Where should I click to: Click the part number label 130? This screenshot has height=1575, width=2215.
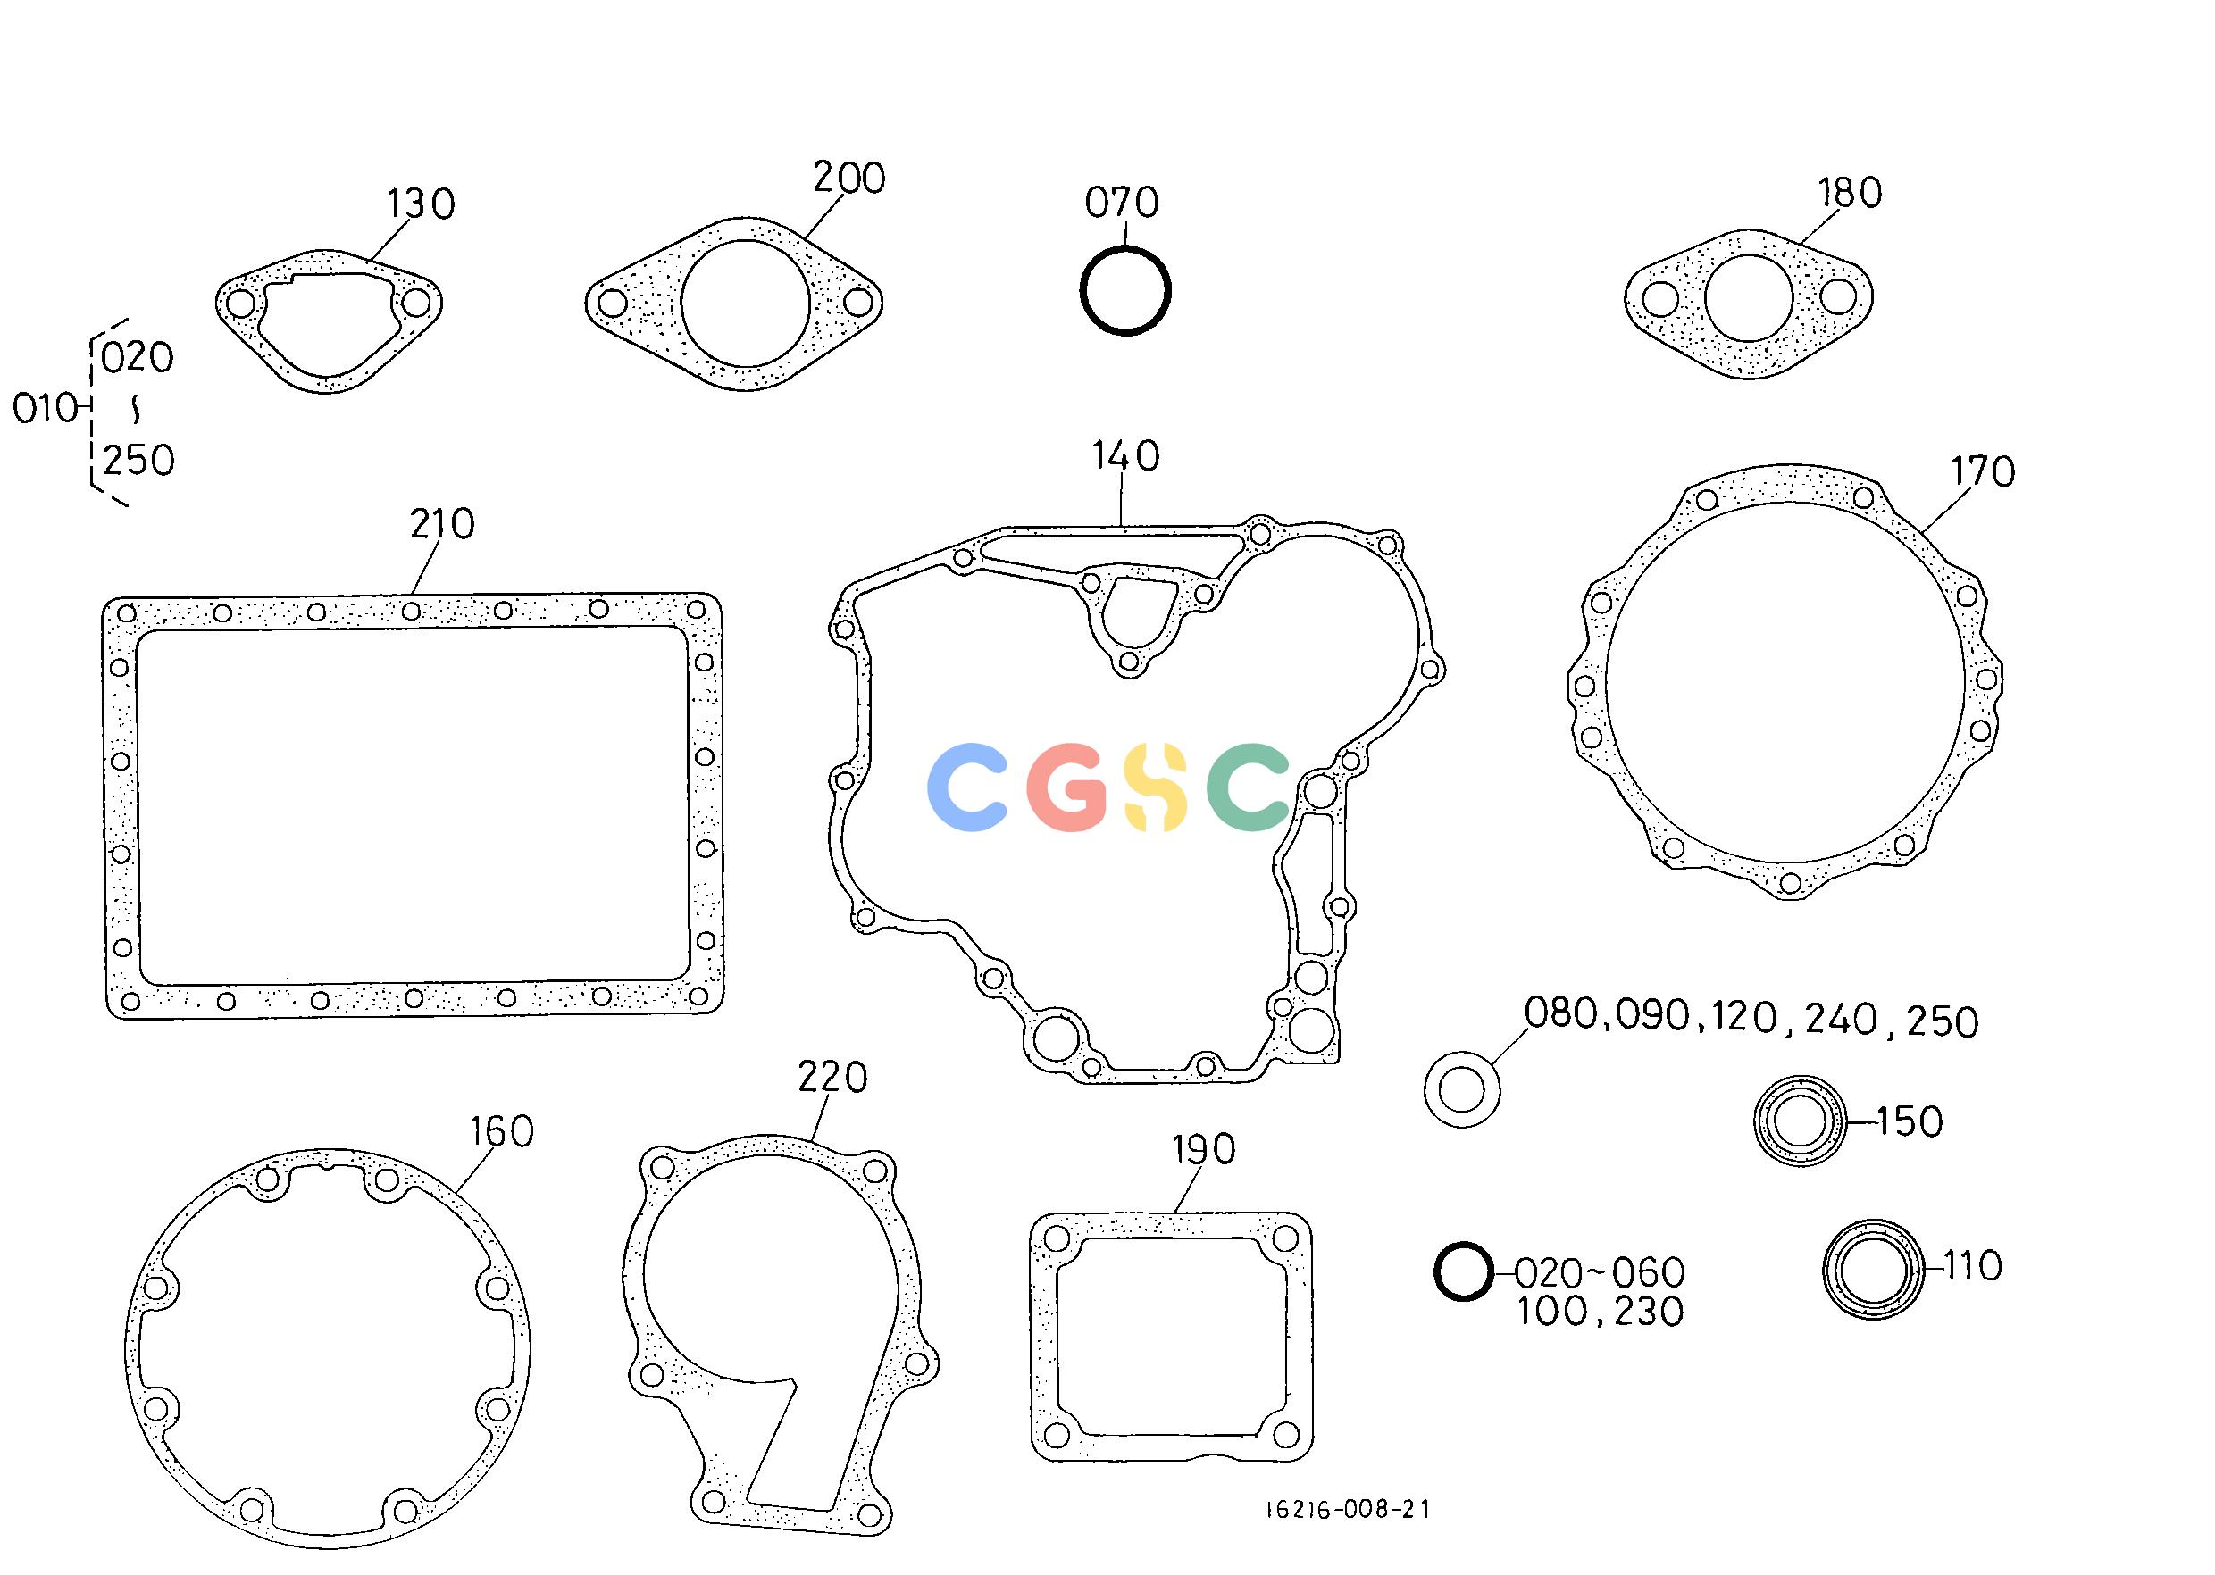point(421,204)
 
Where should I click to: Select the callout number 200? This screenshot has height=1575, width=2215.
point(849,179)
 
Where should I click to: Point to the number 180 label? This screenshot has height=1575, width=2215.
point(1851,194)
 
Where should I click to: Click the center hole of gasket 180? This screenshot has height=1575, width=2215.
point(1748,299)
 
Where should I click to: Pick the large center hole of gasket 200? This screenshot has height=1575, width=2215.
point(745,304)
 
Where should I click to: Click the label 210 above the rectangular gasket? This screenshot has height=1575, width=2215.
point(442,525)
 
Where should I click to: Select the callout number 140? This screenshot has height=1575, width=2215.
point(1125,457)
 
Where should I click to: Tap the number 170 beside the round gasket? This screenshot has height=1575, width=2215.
point(1983,472)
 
